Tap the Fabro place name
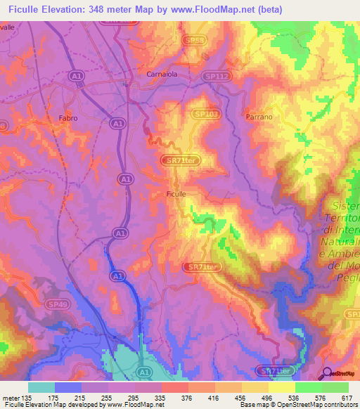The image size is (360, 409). tap(69, 118)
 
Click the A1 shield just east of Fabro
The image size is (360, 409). tap(116, 123)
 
